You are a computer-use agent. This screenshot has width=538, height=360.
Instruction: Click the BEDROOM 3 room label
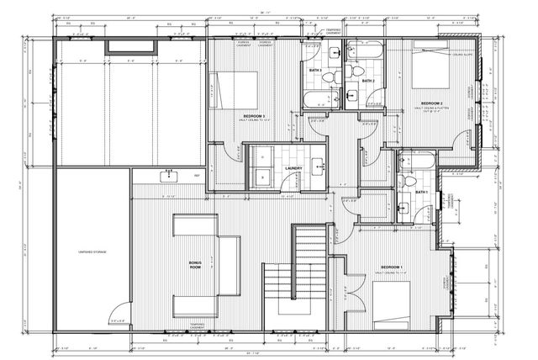(254, 115)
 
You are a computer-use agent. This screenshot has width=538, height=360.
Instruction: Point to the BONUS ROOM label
(195, 266)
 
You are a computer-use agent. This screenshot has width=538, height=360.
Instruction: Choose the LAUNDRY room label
(293, 168)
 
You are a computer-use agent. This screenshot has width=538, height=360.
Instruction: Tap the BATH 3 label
(315, 70)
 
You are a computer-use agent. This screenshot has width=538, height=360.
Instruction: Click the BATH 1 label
(421, 193)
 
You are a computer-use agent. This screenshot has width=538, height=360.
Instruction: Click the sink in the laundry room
(319, 165)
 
